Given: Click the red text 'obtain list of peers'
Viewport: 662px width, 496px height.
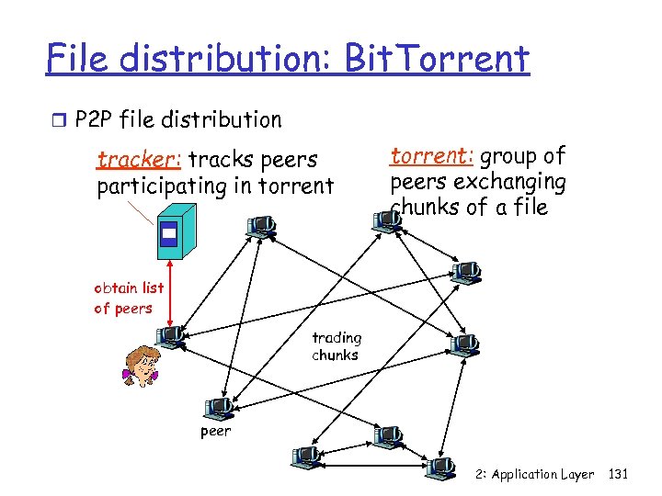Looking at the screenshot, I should tap(128, 298).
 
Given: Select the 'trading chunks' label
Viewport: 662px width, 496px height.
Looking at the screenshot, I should tap(337, 345).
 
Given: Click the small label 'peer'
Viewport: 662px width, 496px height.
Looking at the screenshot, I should tap(215, 430).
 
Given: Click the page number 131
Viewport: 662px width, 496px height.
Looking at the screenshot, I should tap(618, 474).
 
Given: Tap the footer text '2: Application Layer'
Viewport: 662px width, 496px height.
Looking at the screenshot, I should tap(534, 474).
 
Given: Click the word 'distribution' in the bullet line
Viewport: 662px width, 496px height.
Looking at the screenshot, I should tap(219, 119).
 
